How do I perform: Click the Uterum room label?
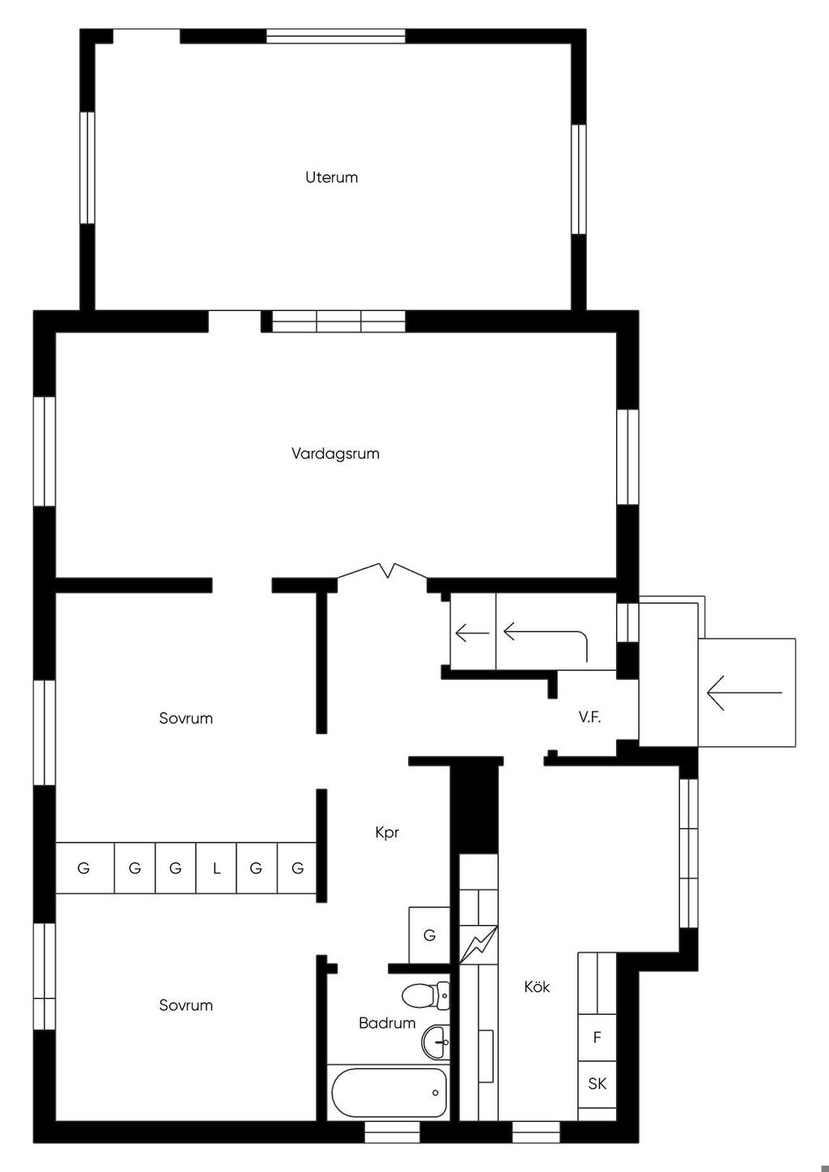coord(332,176)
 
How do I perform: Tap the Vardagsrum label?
coord(335,453)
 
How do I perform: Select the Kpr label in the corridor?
coord(387,832)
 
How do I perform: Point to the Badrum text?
coord(387,1023)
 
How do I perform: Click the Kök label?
coord(537,987)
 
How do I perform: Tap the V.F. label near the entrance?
coord(590,717)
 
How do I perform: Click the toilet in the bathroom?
coord(426,996)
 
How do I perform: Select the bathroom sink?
coord(436,1042)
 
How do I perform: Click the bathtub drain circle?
coord(436,1093)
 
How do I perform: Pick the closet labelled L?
coord(216,868)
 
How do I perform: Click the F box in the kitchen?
coord(597,1038)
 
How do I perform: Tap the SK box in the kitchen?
coord(597,1084)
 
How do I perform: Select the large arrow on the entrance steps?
coord(744,693)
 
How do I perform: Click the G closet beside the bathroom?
coord(429,935)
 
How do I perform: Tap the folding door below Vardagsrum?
coord(382,571)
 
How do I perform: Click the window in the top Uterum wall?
coord(336,36)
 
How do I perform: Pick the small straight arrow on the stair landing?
coord(472,633)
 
